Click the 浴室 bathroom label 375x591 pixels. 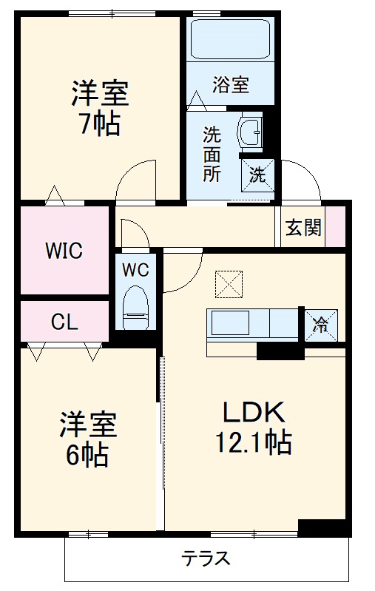230,84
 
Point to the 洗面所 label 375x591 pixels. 212,154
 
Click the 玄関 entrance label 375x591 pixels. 304,228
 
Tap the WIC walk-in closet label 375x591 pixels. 64,250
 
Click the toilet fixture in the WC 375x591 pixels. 136,307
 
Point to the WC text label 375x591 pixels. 136,270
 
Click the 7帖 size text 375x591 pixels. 99,123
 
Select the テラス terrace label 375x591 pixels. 206,558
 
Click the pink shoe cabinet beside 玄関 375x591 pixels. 337,228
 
